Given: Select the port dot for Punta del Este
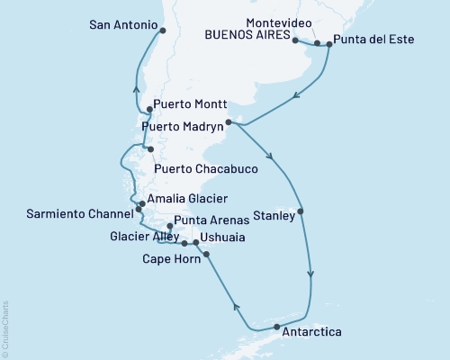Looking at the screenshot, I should [329, 43].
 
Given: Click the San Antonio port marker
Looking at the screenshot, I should [163, 31].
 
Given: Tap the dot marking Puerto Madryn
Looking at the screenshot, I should [229, 121].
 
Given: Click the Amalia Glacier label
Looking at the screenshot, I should [187, 198].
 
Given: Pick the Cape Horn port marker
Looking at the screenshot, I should [208, 255].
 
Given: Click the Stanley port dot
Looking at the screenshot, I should [301, 212].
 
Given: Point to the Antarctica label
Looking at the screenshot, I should [311, 332].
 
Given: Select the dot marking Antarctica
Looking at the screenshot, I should [276, 326].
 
